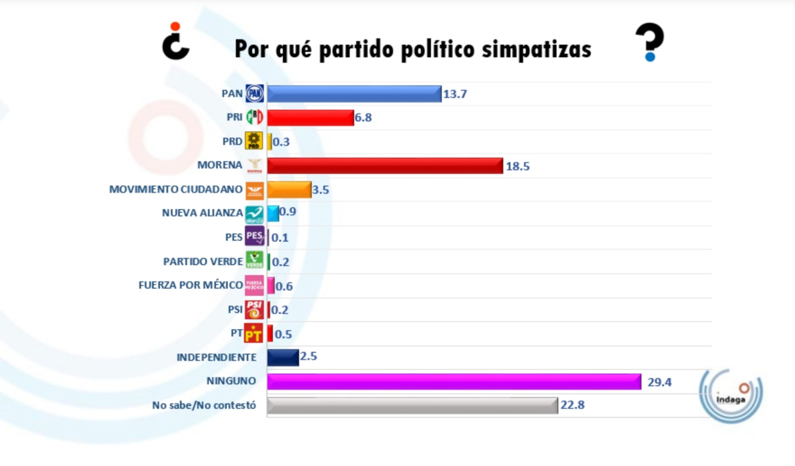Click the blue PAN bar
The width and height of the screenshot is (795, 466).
click(x=354, y=94)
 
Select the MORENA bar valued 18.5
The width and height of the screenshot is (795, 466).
click(x=384, y=166)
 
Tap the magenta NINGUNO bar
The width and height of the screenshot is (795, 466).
click(x=454, y=382)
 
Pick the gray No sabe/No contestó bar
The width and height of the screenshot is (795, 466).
click(x=412, y=406)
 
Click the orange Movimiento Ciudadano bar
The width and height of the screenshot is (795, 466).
click(x=289, y=190)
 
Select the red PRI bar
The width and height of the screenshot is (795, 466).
click(x=310, y=118)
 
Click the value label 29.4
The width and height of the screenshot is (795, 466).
click(x=659, y=382)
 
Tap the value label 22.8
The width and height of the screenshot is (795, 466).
click(x=572, y=405)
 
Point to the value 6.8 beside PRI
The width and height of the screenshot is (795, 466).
click(x=363, y=118)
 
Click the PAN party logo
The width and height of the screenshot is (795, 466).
click(x=255, y=94)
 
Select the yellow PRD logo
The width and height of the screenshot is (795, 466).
click(x=254, y=141)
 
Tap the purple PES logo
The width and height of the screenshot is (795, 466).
click(x=255, y=236)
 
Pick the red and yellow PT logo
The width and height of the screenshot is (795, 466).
click(x=253, y=334)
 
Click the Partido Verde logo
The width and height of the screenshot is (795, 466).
click(x=255, y=261)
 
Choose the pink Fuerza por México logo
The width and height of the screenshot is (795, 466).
click(x=254, y=285)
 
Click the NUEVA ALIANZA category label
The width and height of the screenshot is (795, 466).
click(x=202, y=213)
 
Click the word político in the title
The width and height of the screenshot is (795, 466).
click(x=438, y=49)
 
